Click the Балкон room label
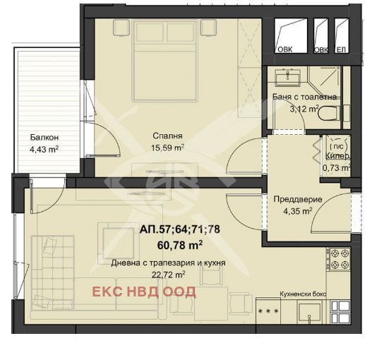click(44, 138)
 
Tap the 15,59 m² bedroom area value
click(167, 148)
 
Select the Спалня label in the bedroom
click(167, 136)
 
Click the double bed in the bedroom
click(164, 61)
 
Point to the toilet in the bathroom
click(329, 114)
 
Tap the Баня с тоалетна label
click(304, 97)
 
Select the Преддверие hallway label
click(298, 200)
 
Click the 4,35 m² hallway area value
click(298, 211)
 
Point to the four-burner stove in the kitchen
click(338, 259)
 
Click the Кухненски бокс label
click(303, 294)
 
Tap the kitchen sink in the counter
click(310, 312)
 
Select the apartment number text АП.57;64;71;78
click(180, 229)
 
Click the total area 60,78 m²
click(180, 246)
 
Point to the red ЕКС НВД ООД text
click(144, 292)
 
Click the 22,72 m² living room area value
click(168, 275)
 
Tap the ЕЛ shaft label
click(342, 49)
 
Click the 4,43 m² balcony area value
click(44, 149)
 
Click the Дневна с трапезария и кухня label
click(168, 263)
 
